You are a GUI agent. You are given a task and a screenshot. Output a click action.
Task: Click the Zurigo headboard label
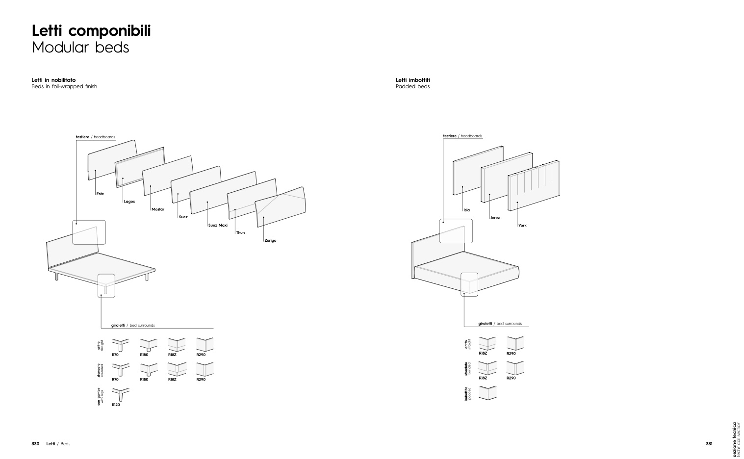pyautogui.click(x=270, y=240)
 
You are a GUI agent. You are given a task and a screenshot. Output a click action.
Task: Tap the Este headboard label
pyautogui.click(x=101, y=194)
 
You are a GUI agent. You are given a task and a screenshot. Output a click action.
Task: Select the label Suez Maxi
pyautogui.click(x=218, y=225)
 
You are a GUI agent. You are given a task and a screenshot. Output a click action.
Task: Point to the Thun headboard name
pyautogui.click(x=240, y=233)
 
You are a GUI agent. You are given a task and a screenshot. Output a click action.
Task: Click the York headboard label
pyautogui.click(x=522, y=226)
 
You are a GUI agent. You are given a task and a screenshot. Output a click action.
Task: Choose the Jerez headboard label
pyautogui.click(x=495, y=218)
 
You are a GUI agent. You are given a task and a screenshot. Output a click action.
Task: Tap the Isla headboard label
pyautogui.click(x=467, y=210)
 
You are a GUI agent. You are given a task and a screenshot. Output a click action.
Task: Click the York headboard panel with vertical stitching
pyautogui.click(x=534, y=186)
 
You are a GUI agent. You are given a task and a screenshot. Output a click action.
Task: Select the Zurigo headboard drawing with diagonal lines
pyautogui.click(x=281, y=207)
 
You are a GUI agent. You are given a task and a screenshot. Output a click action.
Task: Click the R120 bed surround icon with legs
pyautogui.click(x=120, y=395)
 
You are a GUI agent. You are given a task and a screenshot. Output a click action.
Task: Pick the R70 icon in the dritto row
pyautogui.click(x=120, y=345)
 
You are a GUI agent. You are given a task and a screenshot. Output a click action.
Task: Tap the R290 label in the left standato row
pyautogui.click(x=201, y=380)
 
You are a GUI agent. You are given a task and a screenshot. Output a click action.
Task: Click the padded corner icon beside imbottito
pyautogui.click(x=487, y=393)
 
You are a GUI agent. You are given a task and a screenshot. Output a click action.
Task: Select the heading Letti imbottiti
pyautogui.click(x=412, y=80)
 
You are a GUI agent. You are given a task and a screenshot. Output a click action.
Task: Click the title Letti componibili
pyautogui.click(x=91, y=31)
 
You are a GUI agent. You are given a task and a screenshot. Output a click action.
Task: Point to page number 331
pyautogui.click(x=709, y=444)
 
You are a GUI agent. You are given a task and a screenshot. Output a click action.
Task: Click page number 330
pyautogui.click(x=35, y=444)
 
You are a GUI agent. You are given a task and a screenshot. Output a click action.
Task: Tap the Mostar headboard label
pyautogui.click(x=158, y=209)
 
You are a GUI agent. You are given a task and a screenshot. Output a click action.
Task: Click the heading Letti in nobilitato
pyautogui.click(x=53, y=80)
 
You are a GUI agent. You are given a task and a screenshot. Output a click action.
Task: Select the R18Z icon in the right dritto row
pyautogui.click(x=487, y=343)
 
